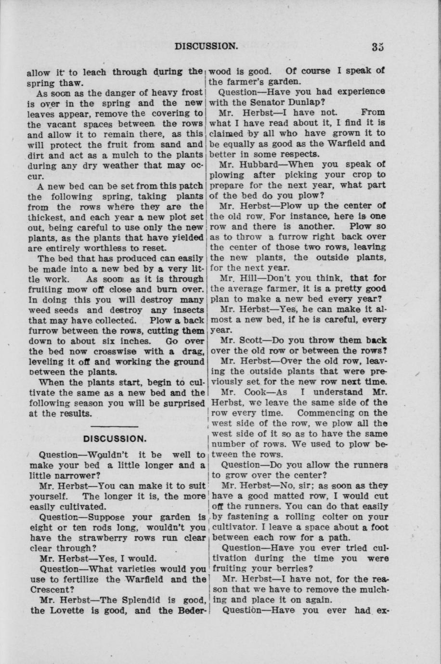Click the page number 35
(x=377, y=47)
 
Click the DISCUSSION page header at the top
(x=207, y=46)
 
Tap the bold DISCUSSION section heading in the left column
(x=115, y=439)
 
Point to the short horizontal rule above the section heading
(x=115, y=427)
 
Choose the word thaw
(x=69, y=82)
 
